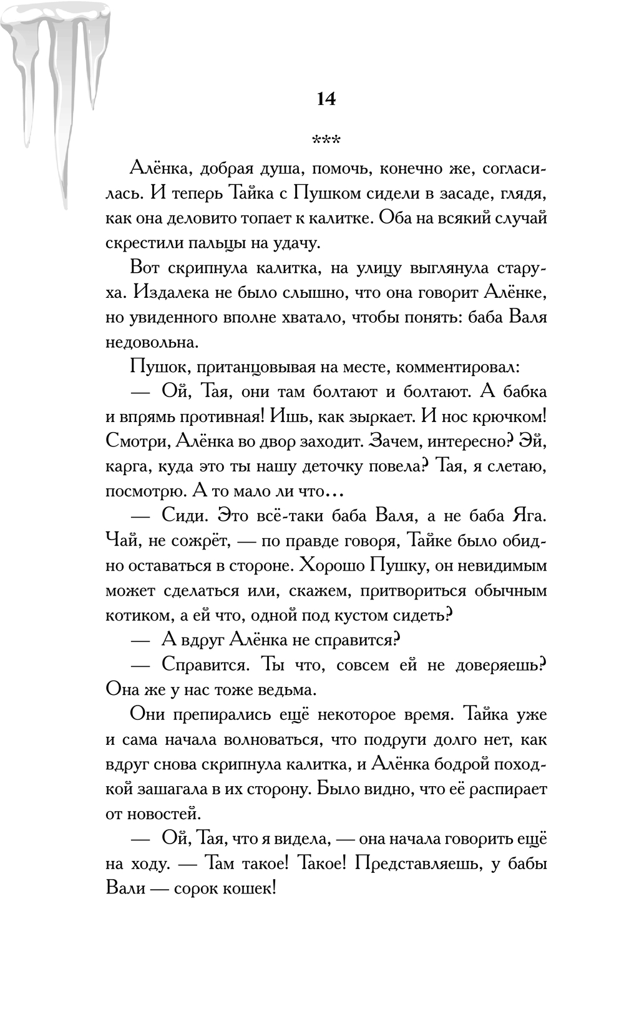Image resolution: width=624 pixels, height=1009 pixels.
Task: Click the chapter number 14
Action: click(326, 99)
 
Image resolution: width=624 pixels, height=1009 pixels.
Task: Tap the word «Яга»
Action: click(529, 516)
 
